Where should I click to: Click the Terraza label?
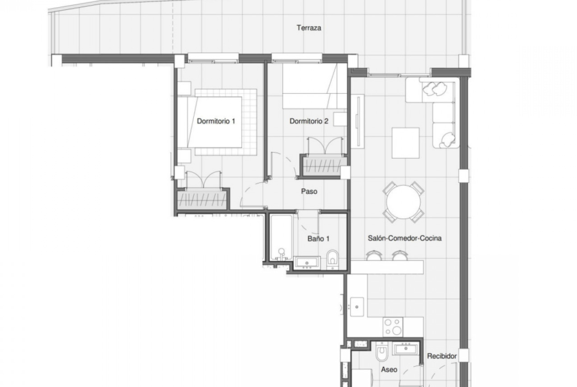[309, 28]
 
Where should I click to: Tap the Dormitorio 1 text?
[216, 121]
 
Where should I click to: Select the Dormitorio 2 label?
[309, 121]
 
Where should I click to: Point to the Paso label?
[309, 191]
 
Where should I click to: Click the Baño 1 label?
[318, 239]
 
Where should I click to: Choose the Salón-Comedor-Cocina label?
[405, 238]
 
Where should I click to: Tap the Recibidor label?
[442, 356]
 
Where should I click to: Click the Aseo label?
[389, 370]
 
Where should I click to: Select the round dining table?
[404, 203]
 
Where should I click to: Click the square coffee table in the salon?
[405, 143]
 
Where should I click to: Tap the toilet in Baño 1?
[333, 258]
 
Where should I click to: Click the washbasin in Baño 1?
[307, 263]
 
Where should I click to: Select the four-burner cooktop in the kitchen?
[393, 327]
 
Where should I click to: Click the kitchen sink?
[357, 306]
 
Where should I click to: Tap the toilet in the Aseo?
[382, 352]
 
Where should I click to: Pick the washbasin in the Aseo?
[406, 348]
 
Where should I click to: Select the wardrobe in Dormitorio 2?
[324, 166]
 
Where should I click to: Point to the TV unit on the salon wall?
[357, 121]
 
